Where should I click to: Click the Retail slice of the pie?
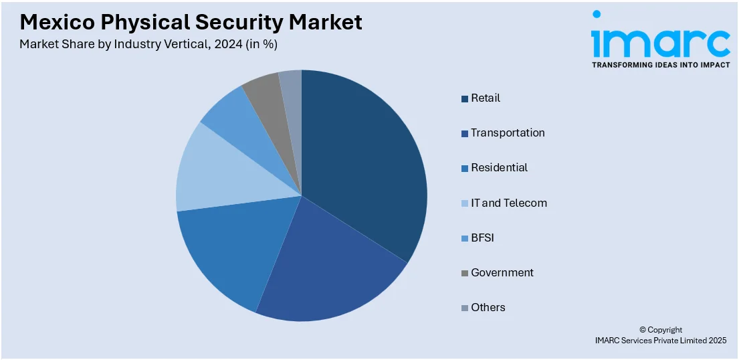361,161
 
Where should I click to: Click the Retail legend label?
485,98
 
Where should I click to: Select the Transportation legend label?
508,133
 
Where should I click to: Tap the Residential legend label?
499,168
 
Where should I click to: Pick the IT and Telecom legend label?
509,203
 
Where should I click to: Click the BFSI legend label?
482,238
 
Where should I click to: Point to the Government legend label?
502,272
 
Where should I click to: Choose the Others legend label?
488,307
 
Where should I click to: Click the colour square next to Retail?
465,99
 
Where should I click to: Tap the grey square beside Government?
465,273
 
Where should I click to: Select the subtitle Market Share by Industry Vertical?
148,44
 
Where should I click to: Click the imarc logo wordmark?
660,41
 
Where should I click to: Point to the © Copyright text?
661,330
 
